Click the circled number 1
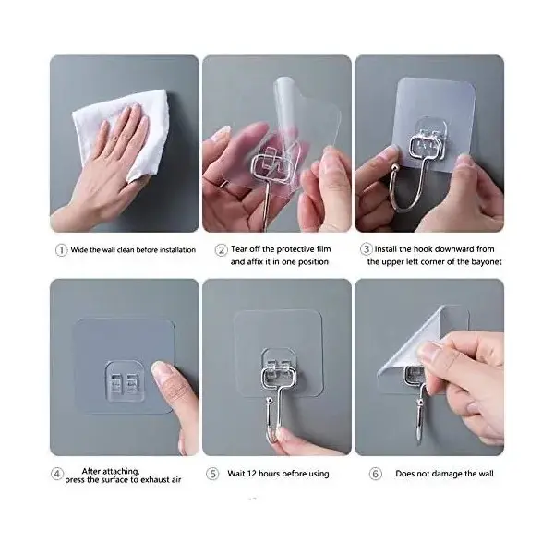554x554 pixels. click(61, 250)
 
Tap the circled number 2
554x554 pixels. click(222, 250)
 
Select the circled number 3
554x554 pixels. click(367, 249)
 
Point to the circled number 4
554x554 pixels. click(57, 474)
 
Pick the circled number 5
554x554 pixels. click(212, 474)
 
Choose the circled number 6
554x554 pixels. click(376, 474)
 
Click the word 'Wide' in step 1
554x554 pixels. click(78, 250)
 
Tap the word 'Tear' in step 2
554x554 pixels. click(239, 249)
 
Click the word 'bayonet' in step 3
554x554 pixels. click(487, 262)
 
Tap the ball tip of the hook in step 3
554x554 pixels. click(394, 167)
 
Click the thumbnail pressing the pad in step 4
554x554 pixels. click(161, 371)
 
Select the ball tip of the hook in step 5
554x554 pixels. click(270, 401)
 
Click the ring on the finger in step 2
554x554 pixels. click(225, 184)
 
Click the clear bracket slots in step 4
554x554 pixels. click(125, 383)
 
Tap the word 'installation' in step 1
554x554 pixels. click(177, 250)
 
